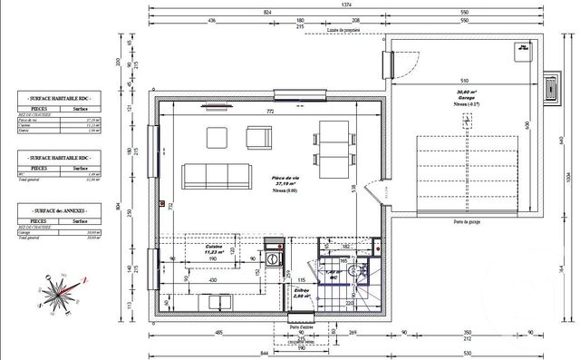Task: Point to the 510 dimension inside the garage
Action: coord(464,79)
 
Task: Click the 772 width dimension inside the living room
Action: coord(268,111)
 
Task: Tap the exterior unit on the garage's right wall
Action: coord(552,87)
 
